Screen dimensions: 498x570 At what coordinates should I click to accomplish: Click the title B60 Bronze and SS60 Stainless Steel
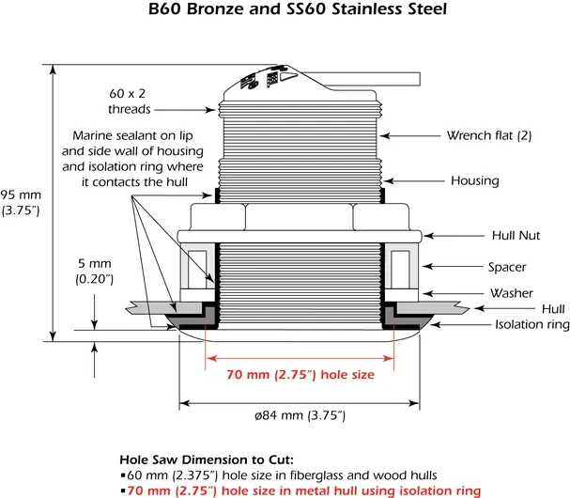(285, 11)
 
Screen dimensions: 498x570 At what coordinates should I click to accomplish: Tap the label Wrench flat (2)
(488, 135)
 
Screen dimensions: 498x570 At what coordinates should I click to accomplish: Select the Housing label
(475, 180)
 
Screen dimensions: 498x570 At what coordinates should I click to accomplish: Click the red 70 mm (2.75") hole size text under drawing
(300, 375)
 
